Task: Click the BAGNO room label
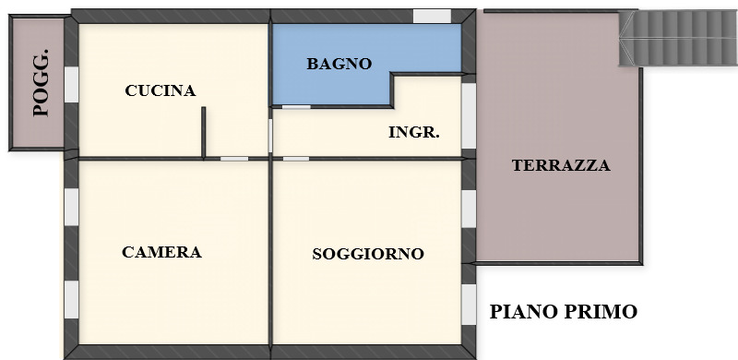click(339, 64)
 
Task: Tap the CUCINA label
click(161, 90)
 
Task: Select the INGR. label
click(413, 132)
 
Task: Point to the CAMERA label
click(161, 252)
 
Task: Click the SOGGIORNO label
click(367, 253)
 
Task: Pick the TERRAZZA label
click(561, 166)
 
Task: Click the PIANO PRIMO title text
click(563, 312)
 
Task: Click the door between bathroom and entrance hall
click(295, 107)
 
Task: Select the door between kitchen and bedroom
click(234, 159)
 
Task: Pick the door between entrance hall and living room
click(295, 159)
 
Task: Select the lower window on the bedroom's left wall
click(70, 298)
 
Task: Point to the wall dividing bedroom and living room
click(271, 258)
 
